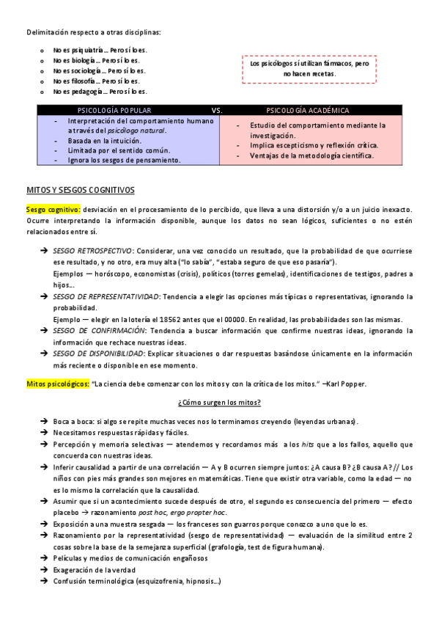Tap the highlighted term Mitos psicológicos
[x=58, y=384]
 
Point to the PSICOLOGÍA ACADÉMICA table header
[x=308, y=111]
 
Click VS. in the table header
[x=217, y=111]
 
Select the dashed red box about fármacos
[x=309, y=69]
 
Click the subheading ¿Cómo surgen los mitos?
[x=219, y=403]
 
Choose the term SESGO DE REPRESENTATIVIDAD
[x=106, y=297]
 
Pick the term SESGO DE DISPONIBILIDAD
[x=99, y=354]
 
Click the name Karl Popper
[x=345, y=384]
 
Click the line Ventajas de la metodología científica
[x=311, y=155]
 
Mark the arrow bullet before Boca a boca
[x=44, y=422]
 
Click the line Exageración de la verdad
[x=94, y=570]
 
